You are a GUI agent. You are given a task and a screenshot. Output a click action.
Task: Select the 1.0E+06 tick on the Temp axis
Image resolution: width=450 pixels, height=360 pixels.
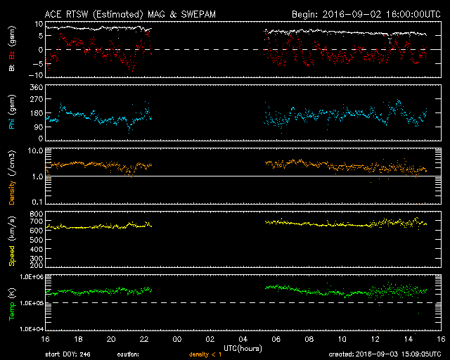click(30, 277)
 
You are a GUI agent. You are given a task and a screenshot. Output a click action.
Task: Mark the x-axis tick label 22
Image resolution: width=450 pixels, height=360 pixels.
click(143, 339)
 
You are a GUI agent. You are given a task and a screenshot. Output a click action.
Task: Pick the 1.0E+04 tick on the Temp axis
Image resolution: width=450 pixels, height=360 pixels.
click(30, 328)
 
